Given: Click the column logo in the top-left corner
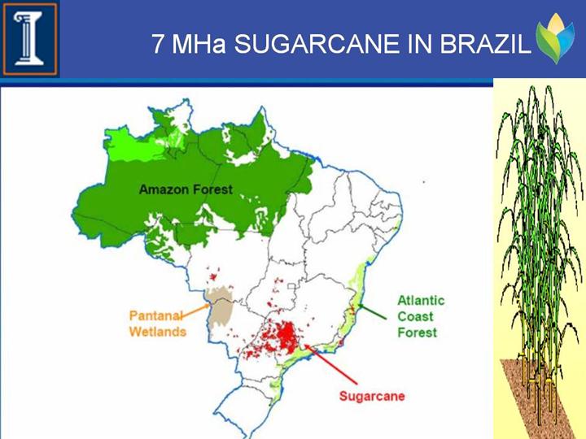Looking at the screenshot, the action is (x=30, y=39).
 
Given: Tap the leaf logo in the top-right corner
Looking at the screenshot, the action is (x=555, y=38).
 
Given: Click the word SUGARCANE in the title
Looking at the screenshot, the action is (x=317, y=44).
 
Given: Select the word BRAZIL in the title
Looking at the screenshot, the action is (x=485, y=44).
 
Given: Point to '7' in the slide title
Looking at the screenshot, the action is (x=158, y=44).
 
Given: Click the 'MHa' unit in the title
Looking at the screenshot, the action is (x=199, y=44).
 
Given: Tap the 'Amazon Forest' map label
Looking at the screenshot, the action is (x=186, y=189).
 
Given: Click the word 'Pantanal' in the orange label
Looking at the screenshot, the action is (x=156, y=315).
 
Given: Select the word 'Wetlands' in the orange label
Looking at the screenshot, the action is (x=158, y=332).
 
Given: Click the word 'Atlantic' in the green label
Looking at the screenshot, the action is (x=421, y=301).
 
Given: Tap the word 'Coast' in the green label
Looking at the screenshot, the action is (x=415, y=316).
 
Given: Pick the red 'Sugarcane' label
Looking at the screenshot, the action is (x=372, y=396).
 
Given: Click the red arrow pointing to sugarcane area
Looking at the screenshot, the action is (x=330, y=364).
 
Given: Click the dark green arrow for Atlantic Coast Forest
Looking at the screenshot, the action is (x=372, y=312).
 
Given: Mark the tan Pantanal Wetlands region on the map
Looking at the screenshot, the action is (x=220, y=307).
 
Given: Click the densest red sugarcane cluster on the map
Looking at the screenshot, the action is (x=286, y=335).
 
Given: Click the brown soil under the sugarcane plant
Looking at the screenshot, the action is (x=538, y=399).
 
